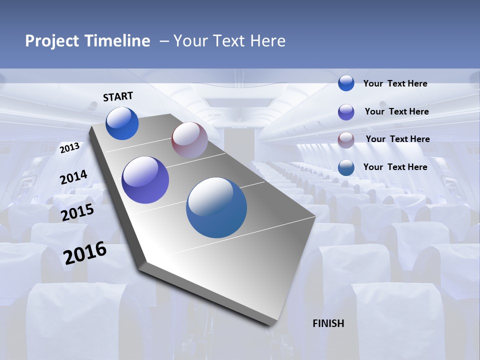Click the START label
tap(118, 96)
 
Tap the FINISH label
tap(328, 323)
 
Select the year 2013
tap(69, 148)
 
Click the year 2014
tap(73, 177)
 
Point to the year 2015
tap(77, 212)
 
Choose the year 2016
tap(85, 253)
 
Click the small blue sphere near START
tap(122, 123)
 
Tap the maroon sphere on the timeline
tap(189, 140)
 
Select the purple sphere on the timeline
tap(145, 180)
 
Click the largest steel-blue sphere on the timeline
tap(216, 207)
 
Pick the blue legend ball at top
tap(346, 83)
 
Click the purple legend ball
tap(346, 112)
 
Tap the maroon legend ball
tap(346, 140)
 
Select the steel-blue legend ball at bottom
tap(346, 167)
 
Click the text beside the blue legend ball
tap(395, 83)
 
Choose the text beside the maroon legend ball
tap(397, 139)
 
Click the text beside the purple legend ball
tap(396, 111)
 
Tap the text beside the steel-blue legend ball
tap(395, 167)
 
